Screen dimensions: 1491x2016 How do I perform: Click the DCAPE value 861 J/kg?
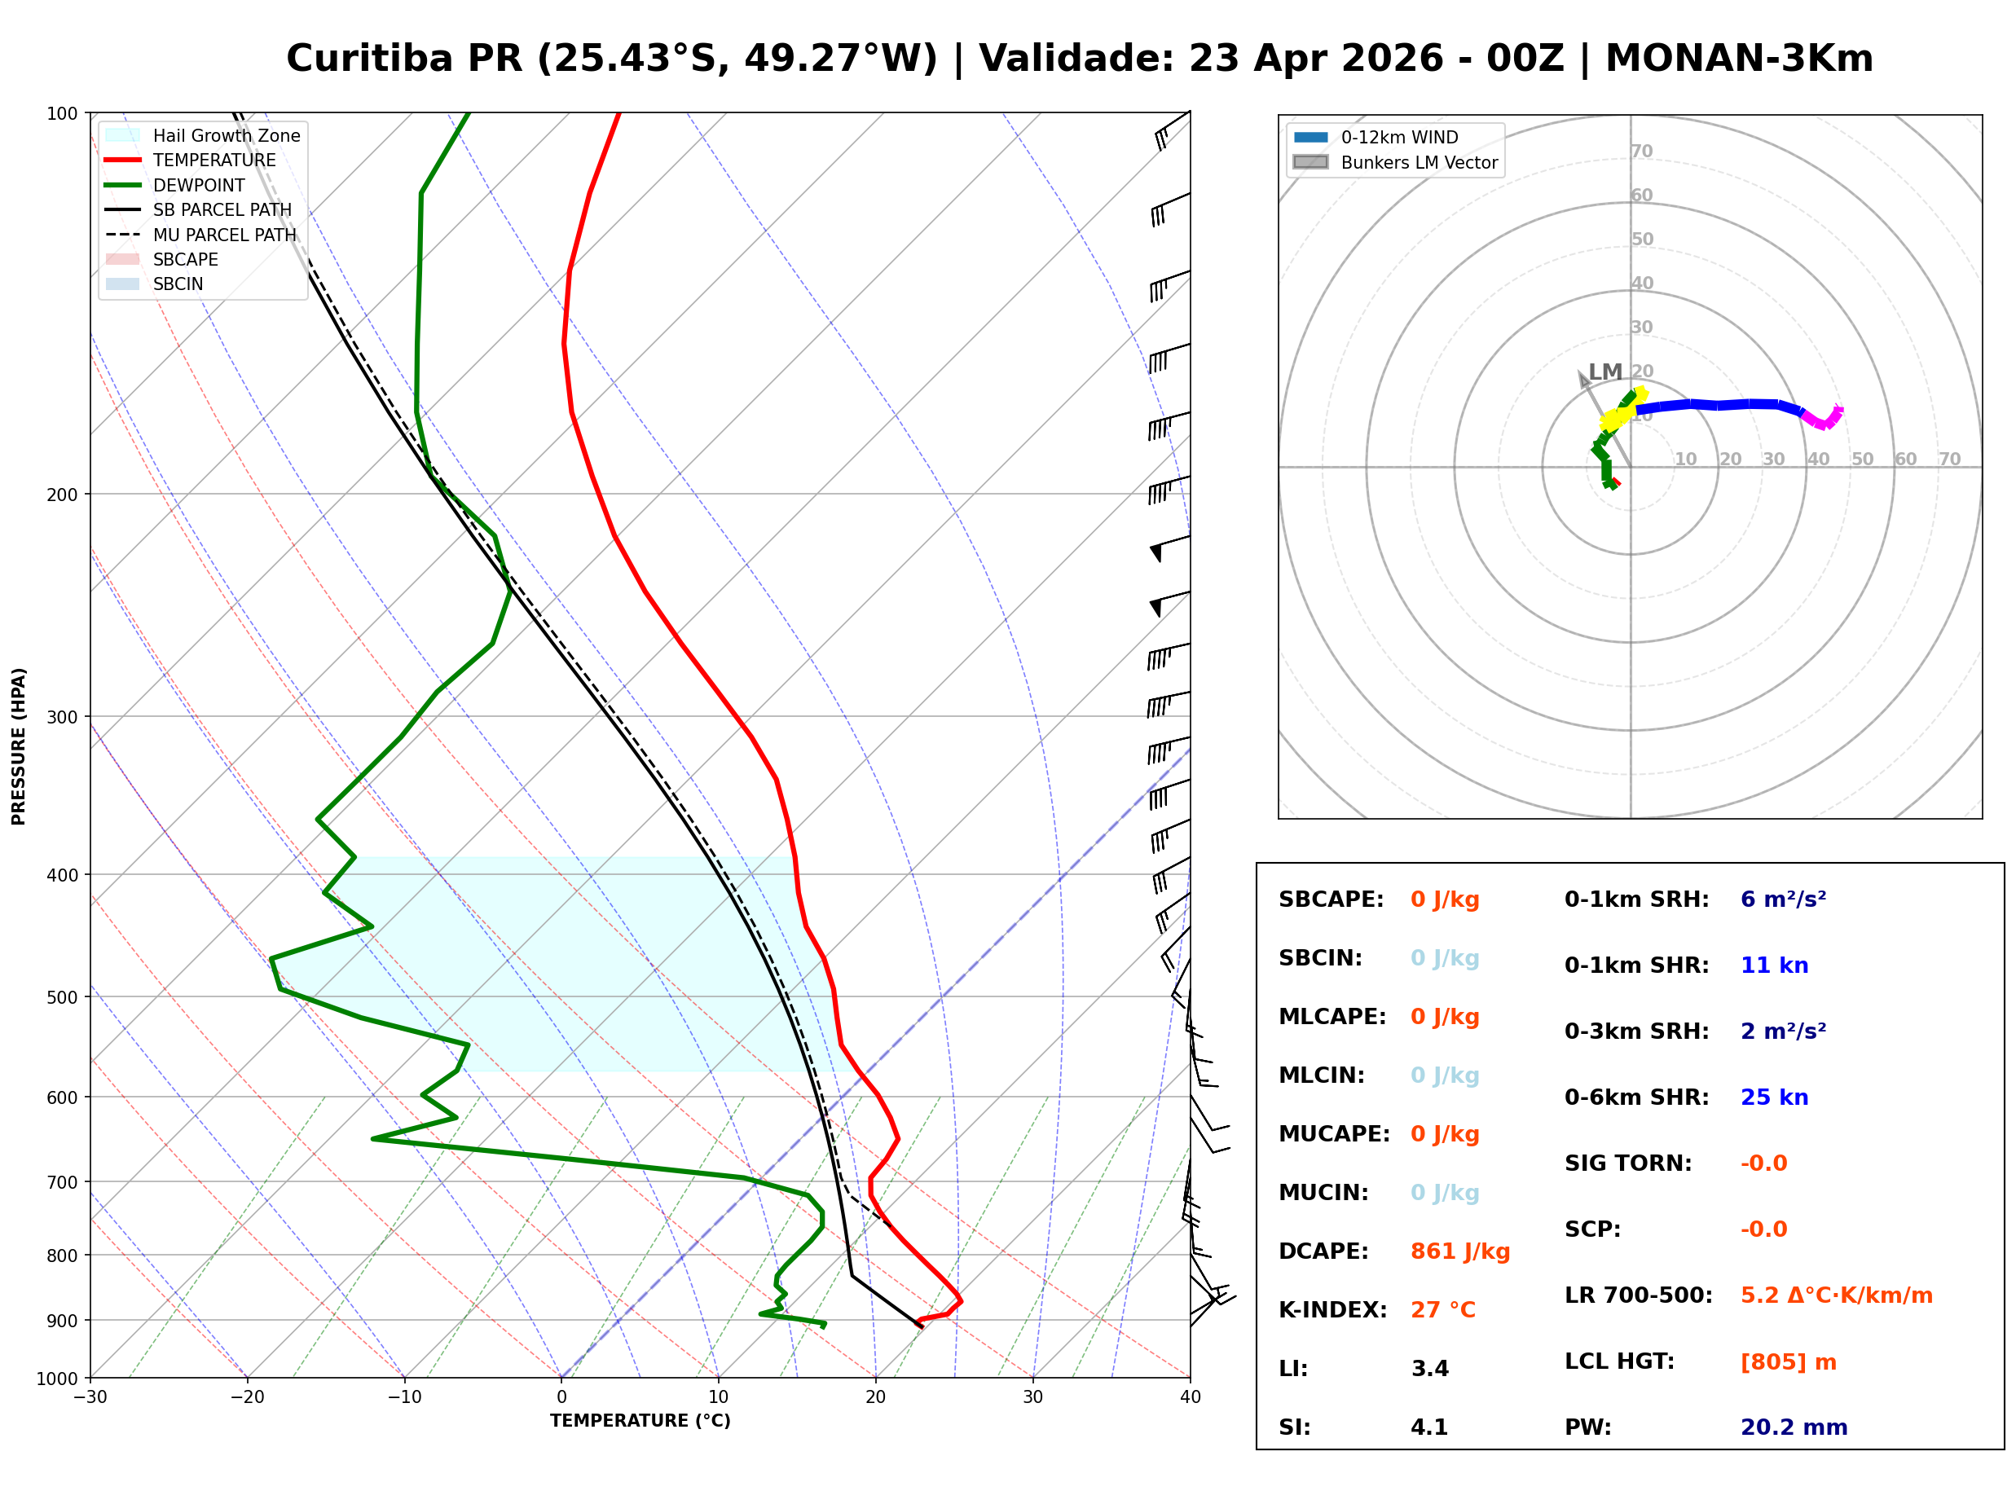coord(1459,1251)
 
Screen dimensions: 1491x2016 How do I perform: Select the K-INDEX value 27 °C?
coord(1442,1309)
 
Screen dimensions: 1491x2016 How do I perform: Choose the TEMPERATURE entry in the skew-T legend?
coord(213,160)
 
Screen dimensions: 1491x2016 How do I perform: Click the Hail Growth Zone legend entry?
coord(226,135)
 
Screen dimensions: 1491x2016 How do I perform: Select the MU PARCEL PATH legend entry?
coord(224,235)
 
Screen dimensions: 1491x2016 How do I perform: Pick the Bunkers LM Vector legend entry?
coord(1418,162)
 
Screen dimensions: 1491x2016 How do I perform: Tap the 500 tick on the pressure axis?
coord(61,997)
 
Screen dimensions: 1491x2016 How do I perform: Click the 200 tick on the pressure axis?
coord(61,495)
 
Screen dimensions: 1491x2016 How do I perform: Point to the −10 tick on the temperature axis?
coord(403,1397)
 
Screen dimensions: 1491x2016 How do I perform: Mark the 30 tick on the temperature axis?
coord(1032,1397)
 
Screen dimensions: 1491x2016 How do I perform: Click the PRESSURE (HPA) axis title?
coord(19,745)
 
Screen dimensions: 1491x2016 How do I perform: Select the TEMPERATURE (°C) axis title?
coord(640,1421)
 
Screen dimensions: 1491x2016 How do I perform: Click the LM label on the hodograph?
coord(1604,372)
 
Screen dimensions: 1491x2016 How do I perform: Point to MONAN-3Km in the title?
coord(1739,59)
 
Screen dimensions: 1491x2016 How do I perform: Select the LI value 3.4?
coord(1429,1368)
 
